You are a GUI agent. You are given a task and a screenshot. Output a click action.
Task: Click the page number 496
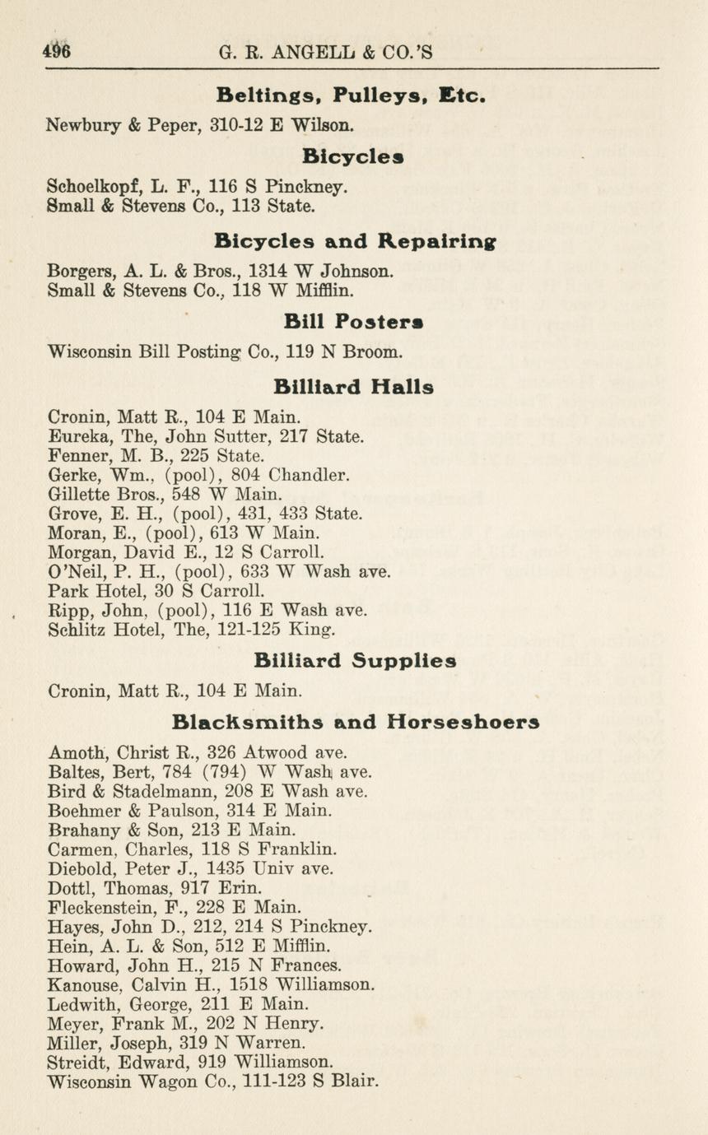coord(57,51)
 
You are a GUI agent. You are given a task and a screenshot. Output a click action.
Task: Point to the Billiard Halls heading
coord(354,386)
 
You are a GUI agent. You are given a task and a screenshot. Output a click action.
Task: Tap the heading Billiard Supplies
coord(355,661)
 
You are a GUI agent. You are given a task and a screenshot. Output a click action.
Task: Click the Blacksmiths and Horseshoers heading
coord(356,722)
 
